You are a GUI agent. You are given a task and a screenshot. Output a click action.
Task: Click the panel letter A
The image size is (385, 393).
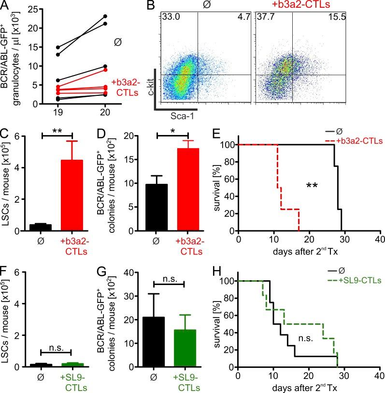click(6, 6)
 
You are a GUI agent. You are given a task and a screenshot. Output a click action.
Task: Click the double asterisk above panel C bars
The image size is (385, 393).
click(57, 131)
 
